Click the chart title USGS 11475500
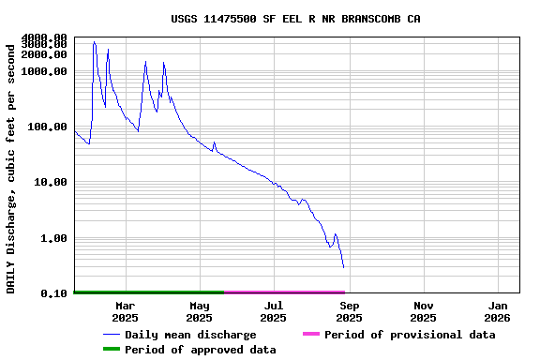point(295,19)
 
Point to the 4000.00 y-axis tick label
point(45,37)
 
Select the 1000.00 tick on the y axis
point(45,71)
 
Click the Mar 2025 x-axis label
point(125,311)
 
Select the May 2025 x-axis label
point(200,311)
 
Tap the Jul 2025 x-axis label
point(274,311)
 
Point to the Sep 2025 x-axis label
point(349,311)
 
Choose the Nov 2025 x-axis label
point(424,311)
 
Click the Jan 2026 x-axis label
point(498,311)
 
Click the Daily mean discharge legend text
point(190,335)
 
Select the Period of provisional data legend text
point(410,335)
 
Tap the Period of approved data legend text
point(201,350)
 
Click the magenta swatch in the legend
point(311,335)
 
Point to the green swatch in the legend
point(112,350)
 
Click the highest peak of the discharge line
point(95,41)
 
